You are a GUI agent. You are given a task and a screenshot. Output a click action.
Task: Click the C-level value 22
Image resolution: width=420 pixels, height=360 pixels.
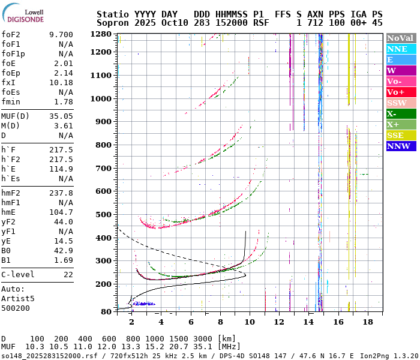tap(68, 274)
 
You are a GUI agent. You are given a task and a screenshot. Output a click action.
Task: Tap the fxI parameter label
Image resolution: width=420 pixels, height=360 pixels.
tap(8, 82)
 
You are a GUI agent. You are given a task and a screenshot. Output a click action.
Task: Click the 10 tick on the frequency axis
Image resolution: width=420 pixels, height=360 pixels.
tap(250, 322)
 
